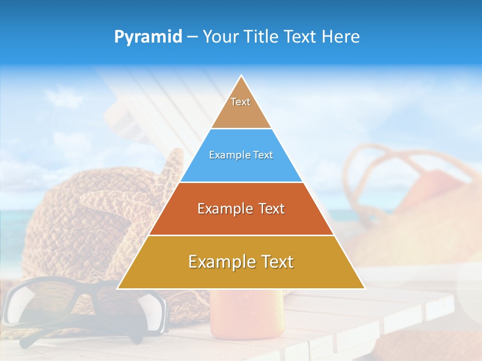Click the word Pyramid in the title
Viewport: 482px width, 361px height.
coord(148,37)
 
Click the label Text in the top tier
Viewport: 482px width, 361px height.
coord(240,102)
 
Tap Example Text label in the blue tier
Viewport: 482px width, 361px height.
coord(241,155)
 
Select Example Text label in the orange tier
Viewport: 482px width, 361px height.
coord(241,209)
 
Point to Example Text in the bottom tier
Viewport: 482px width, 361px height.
coord(241,262)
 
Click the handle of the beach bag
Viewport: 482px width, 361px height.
coord(382,155)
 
